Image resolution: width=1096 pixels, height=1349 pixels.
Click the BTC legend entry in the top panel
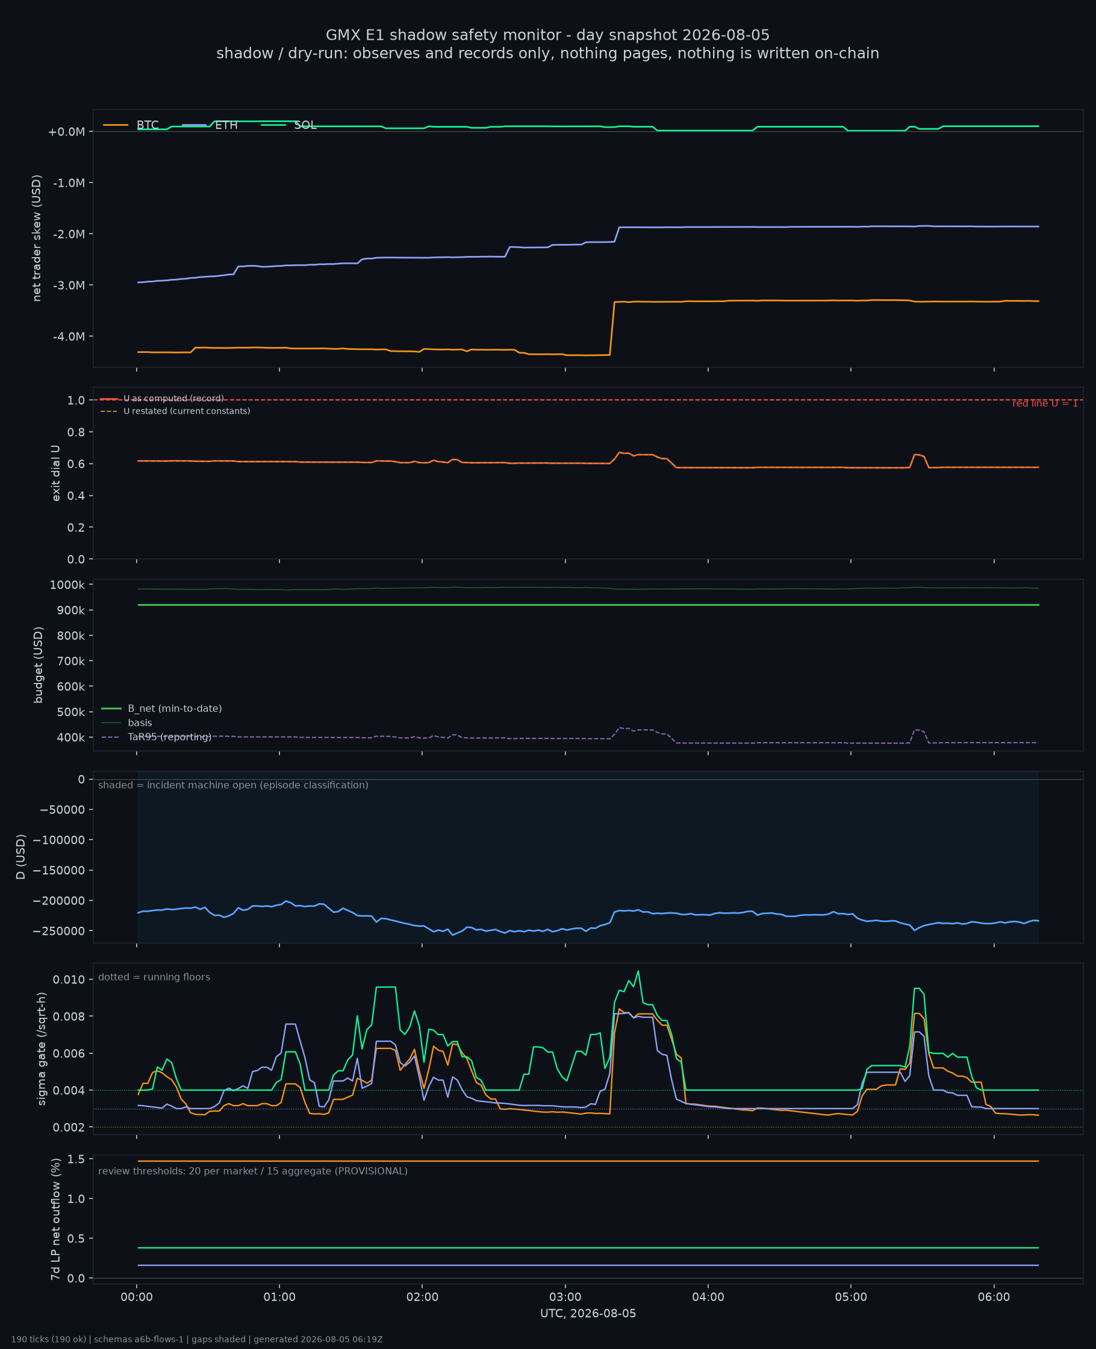131,125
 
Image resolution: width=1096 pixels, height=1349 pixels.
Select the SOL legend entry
288,125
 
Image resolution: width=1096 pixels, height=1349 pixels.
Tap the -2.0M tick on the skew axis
69,234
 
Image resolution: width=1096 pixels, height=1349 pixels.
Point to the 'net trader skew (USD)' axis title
37,238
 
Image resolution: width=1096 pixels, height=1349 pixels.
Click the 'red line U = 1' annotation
1045,403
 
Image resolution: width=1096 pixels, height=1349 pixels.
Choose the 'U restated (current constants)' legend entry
175,411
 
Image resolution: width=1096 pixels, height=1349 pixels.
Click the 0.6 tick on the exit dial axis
76,464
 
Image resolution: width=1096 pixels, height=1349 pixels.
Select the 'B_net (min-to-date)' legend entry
161,708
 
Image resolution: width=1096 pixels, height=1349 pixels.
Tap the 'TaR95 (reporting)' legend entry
156,737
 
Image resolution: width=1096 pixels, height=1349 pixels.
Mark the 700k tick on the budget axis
70,661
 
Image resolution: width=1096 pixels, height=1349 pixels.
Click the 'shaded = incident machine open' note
233,785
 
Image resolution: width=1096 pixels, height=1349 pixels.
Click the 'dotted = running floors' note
154,977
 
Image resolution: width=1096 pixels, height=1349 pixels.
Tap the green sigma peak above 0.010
638,971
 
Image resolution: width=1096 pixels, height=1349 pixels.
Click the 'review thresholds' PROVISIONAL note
252,1171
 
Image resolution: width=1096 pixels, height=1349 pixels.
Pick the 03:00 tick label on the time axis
565,1297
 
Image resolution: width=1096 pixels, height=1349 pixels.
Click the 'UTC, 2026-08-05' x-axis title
588,1313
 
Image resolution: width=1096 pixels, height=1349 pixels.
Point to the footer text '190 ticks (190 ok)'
49,1339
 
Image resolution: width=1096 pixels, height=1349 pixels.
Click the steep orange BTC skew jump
612,328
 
